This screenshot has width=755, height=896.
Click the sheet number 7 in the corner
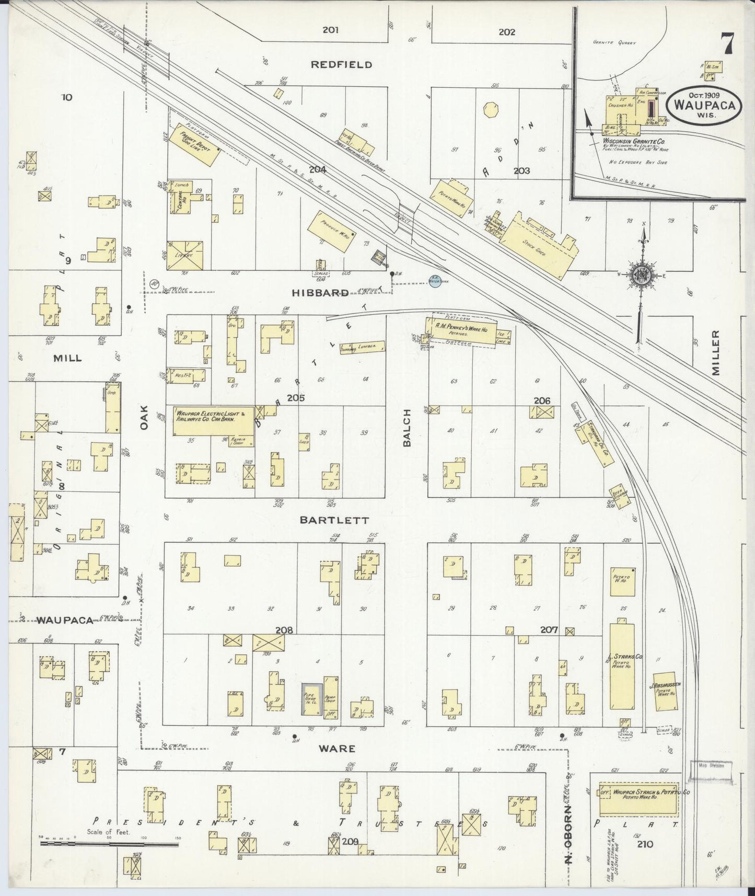(x=727, y=43)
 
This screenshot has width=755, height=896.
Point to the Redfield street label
(x=341, y=65)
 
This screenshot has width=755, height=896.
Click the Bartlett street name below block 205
(x=334, y=521)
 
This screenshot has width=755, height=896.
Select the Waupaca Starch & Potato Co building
(x=638, y=799)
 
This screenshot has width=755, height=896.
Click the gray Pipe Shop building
(x=310, y=698)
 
